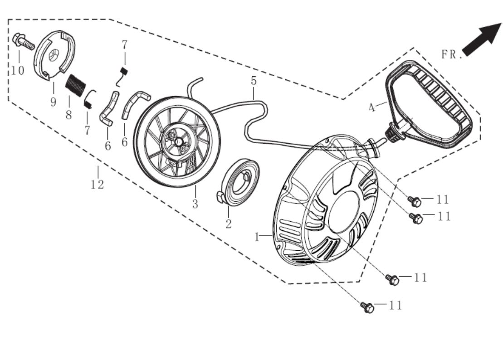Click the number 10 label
(x=18, y=71)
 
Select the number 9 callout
(x=53, y=102)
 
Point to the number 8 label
(x=68, y=115)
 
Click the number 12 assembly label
(x=97, y=185)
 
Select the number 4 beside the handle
(x=371, y=108)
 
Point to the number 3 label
(x=195, y=204)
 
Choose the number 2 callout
(x=228, y=224)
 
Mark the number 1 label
(x=257, y=237)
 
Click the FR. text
(x=451, y=54)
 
